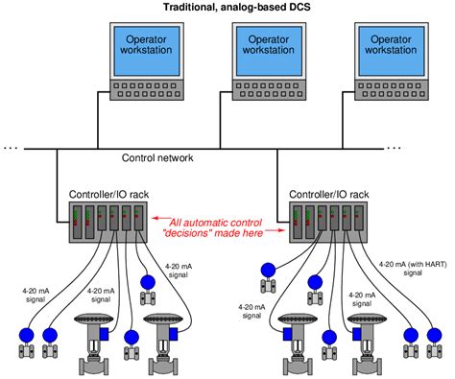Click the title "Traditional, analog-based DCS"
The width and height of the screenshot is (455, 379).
(227, 8)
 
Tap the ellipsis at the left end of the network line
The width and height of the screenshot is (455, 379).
(11, 147)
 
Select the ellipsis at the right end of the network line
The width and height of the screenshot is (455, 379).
(395, 147)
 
